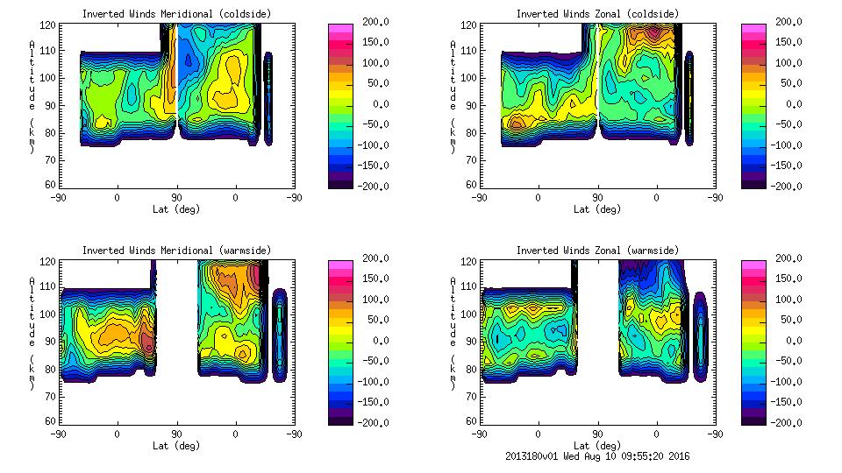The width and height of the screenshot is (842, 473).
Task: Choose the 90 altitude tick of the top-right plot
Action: click(x=465, y=104)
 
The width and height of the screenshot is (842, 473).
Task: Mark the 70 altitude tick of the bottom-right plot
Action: click(x=465, y=395)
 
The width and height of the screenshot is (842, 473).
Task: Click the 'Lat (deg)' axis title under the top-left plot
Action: click(x=176, y=209)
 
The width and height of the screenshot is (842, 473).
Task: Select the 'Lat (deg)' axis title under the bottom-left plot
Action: click(x=176, y=446)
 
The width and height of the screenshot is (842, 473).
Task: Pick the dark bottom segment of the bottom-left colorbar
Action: click(x=339, y=419)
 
